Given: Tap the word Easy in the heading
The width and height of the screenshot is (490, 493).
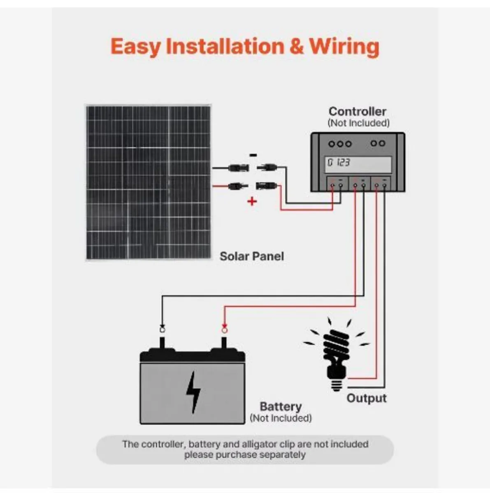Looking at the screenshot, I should [135, 47].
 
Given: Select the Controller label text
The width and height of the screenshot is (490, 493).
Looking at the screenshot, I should [357, 111].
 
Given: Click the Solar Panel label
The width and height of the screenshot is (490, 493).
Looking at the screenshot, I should [252, 256].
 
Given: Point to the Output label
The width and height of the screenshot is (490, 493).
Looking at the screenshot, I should [366, 398].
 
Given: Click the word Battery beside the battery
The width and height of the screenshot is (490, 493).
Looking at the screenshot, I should [281, 406].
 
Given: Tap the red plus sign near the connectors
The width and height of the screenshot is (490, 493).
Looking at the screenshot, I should [252, 201].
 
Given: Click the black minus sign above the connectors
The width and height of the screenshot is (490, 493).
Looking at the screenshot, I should [253, 155].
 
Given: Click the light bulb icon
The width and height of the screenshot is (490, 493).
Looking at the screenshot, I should [336, 353].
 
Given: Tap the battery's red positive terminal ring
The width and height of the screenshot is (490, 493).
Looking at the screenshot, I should [224, 329].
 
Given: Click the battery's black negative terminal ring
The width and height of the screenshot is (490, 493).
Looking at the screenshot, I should [162, 329].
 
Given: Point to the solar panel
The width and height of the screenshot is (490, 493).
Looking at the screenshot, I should [148, 182].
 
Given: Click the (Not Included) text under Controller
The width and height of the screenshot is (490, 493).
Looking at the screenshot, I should [358, 123].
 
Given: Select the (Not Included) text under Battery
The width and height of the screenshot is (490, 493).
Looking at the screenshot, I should [281, 418].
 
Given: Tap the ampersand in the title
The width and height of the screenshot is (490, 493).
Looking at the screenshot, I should [296, 46].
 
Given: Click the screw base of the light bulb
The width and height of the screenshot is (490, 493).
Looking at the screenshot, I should [337, 385].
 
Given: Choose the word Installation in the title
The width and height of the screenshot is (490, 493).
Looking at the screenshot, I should [225, 46].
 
